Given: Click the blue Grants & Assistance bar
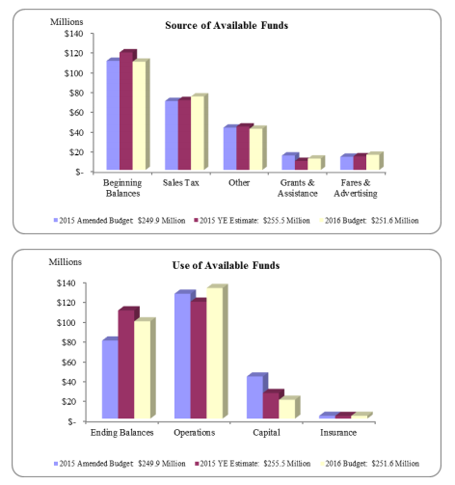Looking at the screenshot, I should tap(287, 162).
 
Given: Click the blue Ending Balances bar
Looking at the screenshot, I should tap(110, 380).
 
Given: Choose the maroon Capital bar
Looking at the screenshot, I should tap(272, 405).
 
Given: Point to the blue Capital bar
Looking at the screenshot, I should tap(254, 397).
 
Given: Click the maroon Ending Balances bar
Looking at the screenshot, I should tap(126, 364).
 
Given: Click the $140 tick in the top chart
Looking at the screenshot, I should tap(75, 34).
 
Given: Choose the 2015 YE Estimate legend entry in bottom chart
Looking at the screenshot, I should tap(253, 465).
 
